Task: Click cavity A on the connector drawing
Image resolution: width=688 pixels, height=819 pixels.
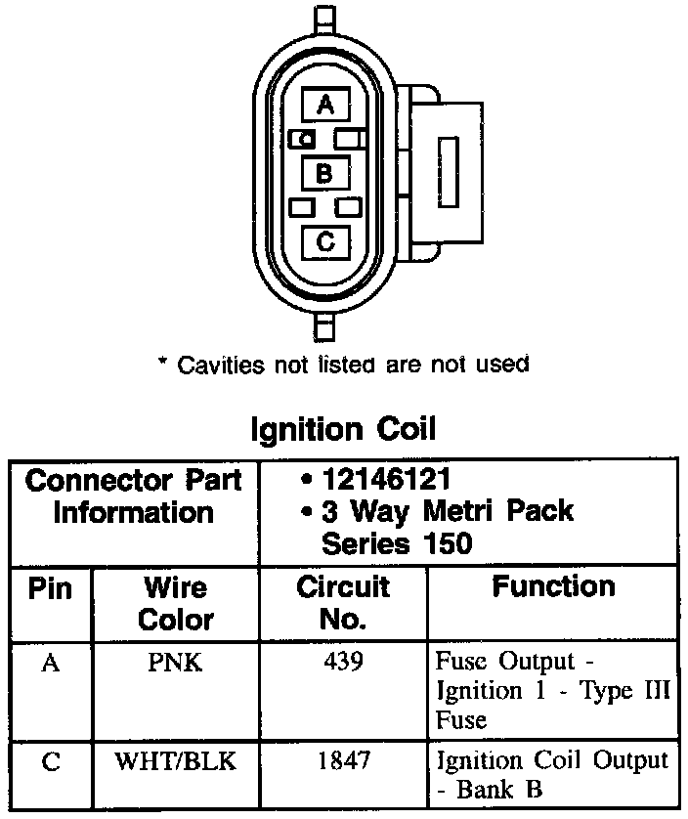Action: pyautogui.click(x=325, y=105)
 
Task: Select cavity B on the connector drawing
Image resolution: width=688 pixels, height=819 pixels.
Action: pyautogui.click(x=325, y=174)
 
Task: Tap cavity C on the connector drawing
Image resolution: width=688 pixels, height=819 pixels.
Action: pyautogui.click(x=325, y=240)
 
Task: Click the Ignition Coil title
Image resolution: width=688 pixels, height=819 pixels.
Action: pyautogui.click(x=344, y=429)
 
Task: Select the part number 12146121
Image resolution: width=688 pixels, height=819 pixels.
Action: pyautogui.click(x=388, y=480)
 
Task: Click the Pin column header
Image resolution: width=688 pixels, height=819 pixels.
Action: pyautogui.click(x=51, y=588)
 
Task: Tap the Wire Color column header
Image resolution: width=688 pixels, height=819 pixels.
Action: pyautogui.click(x=176, y=603)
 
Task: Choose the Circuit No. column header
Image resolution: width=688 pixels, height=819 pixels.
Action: pyautogui.click(x=343, y=603)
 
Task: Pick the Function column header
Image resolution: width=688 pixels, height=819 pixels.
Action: pyautogui.click(x=553, y=586)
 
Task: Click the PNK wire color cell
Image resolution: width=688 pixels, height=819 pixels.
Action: pyautogui.click(x=176, y=664)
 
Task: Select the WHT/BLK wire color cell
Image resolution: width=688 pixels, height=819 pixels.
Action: pyautogui.click(x=176, y=761)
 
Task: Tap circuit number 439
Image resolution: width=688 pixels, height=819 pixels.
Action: pyautogui.click(x=343, y=662)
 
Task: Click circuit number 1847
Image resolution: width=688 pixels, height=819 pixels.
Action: pyautogui.click(x=343, y=760)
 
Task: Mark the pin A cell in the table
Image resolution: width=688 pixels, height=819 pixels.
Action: pyautogui.click(x=51, y=664)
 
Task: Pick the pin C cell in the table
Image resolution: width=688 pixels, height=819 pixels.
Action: pyautogui.click(x=51, y=761)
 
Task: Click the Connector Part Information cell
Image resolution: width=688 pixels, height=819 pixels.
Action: pyautogui.click(x=133, y=496)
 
